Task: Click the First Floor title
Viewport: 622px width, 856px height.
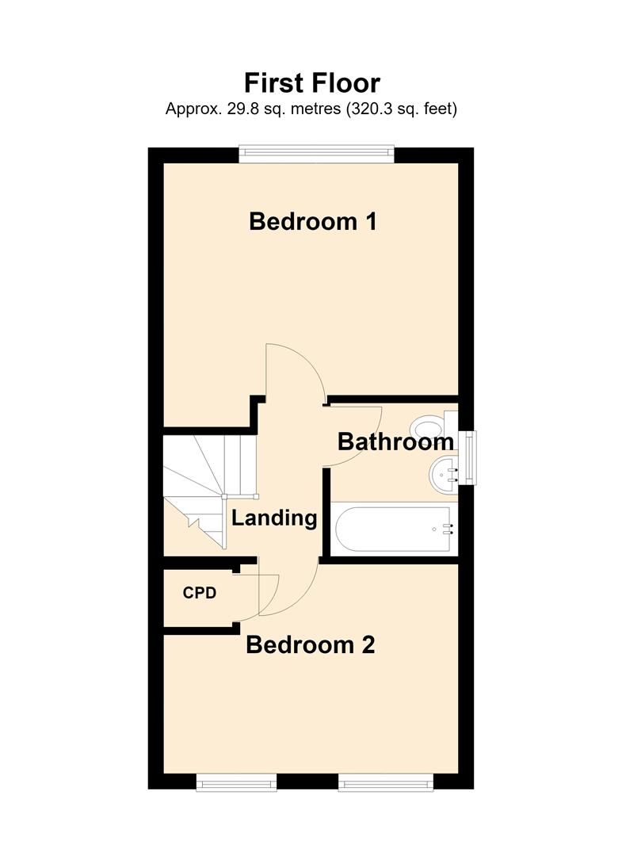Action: point(311,83)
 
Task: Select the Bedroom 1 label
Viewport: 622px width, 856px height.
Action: point(313,222)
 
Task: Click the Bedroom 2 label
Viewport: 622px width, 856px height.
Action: point(311,644)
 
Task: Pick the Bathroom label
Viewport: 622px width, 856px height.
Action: point(395,441)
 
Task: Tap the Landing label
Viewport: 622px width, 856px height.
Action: point(274,518)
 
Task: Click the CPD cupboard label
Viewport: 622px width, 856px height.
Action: point(200,593)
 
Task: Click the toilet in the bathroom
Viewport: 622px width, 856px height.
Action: point(434,426)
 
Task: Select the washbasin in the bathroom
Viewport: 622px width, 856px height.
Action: point(445,475)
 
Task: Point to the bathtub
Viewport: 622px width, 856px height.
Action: point(393,529)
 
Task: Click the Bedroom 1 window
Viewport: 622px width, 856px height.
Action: point(316,154)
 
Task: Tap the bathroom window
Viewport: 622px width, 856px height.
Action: point(467,458)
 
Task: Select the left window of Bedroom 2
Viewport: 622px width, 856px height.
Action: point(236,781)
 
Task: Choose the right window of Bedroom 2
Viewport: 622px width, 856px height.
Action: point(387,781)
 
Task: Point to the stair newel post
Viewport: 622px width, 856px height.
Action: point(223,496)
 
